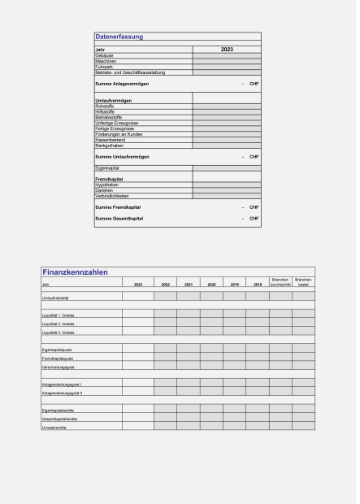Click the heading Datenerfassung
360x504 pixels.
coord(119,37)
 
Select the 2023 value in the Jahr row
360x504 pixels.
coord(227,50)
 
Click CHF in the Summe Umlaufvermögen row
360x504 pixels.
coord(254,155)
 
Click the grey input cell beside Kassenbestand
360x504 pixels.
coord(227,139)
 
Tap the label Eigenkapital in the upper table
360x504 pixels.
coord(108,167)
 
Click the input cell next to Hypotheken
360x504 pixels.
coord(227,185)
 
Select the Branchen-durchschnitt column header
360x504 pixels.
coord(280,283)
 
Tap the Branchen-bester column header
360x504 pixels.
coord(303,283)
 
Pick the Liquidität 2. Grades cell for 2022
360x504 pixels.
coord(165,324)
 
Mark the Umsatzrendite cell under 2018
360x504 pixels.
coord(257,427)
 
